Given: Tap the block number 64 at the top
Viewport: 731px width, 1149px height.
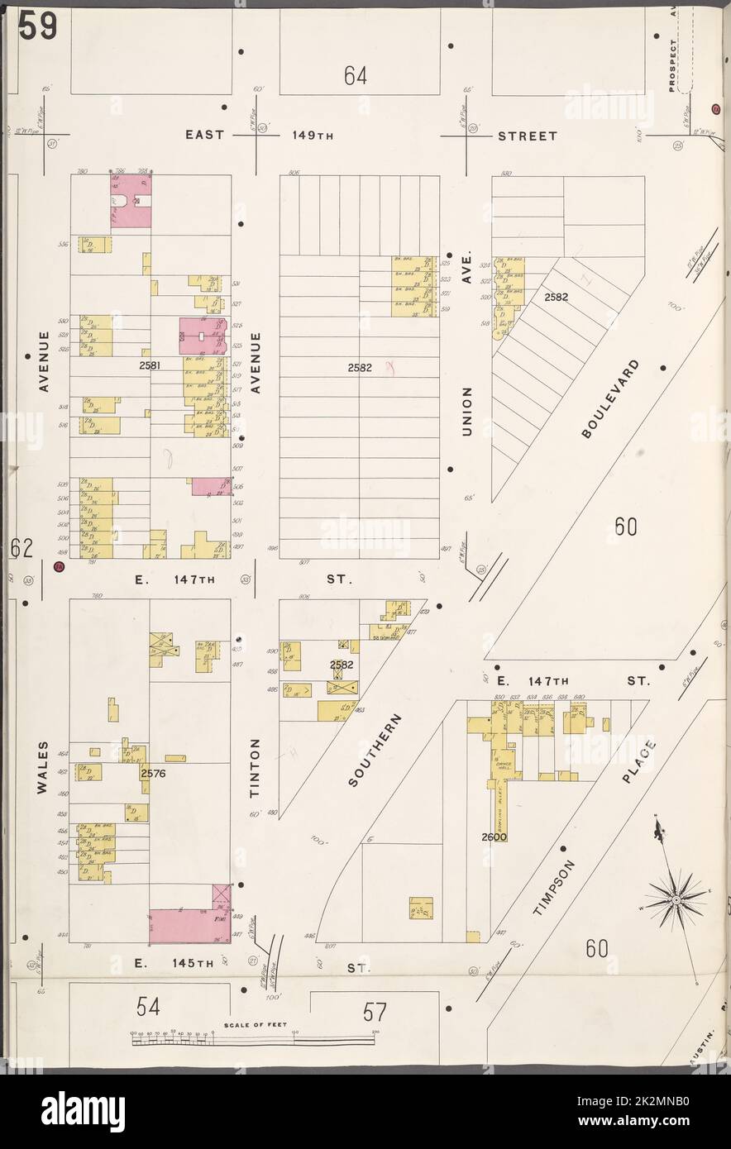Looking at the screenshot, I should click(356, 76).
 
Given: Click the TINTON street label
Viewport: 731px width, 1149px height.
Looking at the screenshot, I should click(256, 768).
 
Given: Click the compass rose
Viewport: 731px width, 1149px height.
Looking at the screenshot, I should click(676, 897).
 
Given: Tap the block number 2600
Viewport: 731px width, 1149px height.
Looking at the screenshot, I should click(494, 837).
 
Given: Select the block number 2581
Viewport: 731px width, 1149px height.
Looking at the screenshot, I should click(150, 364).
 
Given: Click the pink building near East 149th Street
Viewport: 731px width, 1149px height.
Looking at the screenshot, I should click(131, 201).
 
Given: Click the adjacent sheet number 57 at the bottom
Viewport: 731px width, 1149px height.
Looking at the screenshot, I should click(375, 1013).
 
